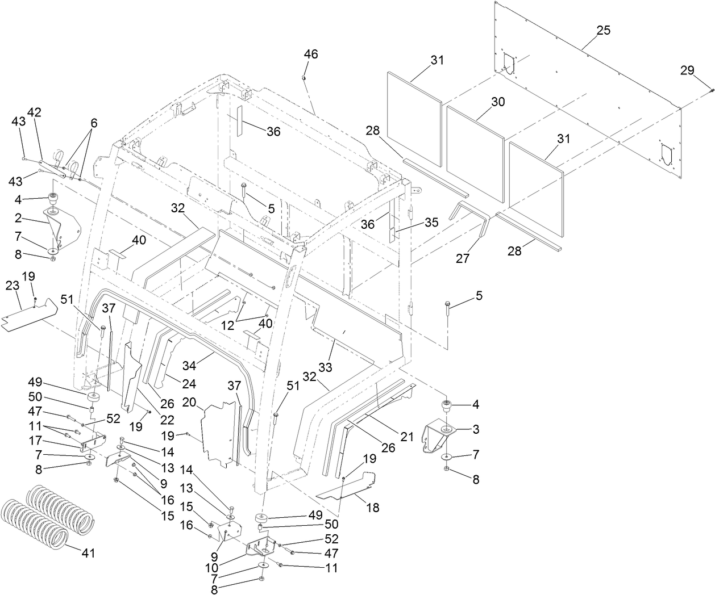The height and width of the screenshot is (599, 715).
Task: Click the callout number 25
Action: [x=604, y=31]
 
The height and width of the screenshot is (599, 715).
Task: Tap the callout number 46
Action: [x=311, y=55]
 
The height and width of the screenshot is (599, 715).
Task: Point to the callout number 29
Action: [x=687, y=70]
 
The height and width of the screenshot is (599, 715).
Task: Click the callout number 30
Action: [x=498, y=102]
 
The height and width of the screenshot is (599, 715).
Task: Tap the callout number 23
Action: [x=13, y=287]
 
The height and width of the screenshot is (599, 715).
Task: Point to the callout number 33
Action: [x=325, y=367]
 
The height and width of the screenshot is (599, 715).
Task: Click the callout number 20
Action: [x=190, y=402]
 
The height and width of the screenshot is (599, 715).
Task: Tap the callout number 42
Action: [x=35, y=112]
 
